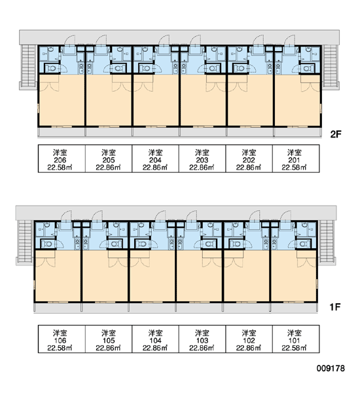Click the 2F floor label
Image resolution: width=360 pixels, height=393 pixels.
pos(336,134)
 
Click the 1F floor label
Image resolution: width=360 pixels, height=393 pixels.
pos(335,307)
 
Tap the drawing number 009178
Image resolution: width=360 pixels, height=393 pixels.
pos(331,368)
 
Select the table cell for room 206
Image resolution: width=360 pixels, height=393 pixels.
pos(62,159)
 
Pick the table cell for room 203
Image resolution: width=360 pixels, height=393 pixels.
pos(202,159)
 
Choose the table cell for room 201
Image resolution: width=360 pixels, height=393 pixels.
pos(296,159)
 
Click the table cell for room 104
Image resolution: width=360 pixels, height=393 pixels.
pos(155,339)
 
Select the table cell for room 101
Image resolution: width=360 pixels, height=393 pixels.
pos(296,339)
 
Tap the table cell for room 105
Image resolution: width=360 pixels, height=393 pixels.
pos(109,339)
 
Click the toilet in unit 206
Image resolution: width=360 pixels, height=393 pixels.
pos(52,68)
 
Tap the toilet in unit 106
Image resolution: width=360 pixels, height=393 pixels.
pos(48,244)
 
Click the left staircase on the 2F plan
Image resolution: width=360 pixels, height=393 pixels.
pos(28,65)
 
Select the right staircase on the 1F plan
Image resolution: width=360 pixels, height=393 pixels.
pos(327,241)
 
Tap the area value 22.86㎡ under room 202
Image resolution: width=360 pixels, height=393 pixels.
pos(249,168)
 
